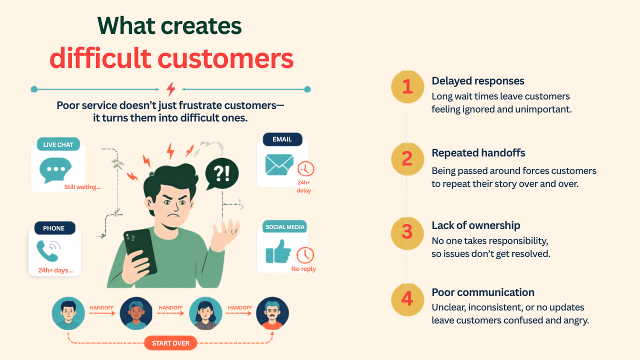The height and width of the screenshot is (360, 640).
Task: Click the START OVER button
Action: (170, 343)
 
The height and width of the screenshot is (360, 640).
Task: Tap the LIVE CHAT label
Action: (58, 144)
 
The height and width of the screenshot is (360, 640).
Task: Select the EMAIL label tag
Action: (282, 139)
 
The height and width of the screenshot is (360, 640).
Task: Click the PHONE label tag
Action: (54, 228)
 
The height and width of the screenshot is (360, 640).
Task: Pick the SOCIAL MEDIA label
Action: (284, 227)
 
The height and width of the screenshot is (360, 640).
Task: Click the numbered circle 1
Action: (407, 86)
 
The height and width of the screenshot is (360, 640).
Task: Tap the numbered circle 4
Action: (407, 299)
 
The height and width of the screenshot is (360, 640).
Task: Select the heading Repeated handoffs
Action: (478, 153)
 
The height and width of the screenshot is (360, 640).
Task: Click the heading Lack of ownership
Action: (475, 225)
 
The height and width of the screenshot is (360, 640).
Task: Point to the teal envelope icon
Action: (279, 164)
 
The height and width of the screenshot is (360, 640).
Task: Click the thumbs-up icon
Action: (278, 251)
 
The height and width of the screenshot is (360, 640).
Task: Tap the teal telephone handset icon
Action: (46, 251)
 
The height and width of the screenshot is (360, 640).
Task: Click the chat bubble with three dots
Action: (55, 170)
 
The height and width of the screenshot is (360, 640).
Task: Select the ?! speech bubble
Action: (221, 173)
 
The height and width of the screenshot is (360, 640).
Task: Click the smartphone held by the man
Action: (140, 252)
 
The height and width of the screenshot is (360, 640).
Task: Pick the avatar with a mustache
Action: (272, 313)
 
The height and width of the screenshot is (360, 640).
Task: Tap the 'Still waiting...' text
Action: (82, 187)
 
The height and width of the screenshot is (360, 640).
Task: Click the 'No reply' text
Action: (303, 268)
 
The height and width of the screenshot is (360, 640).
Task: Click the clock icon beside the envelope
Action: (305, 168)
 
